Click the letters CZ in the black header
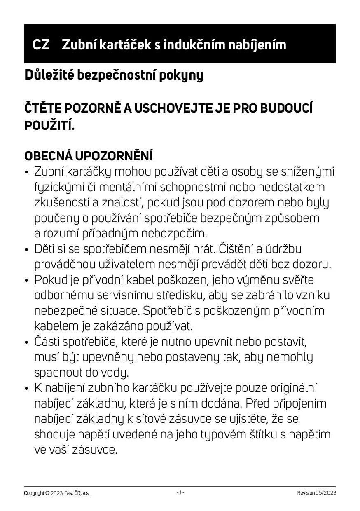click(x=41, y=45)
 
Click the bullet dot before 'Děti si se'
click(x=27, y=250)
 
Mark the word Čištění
click(x=235, y=249)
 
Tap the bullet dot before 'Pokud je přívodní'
click(x=27, y=281)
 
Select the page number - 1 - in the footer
click(x=180, y=492)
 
